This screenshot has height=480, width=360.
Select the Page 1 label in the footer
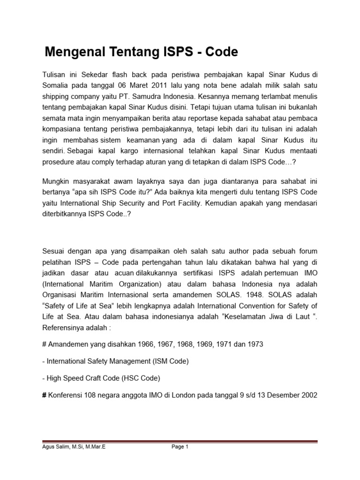[x=180, y=447]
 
